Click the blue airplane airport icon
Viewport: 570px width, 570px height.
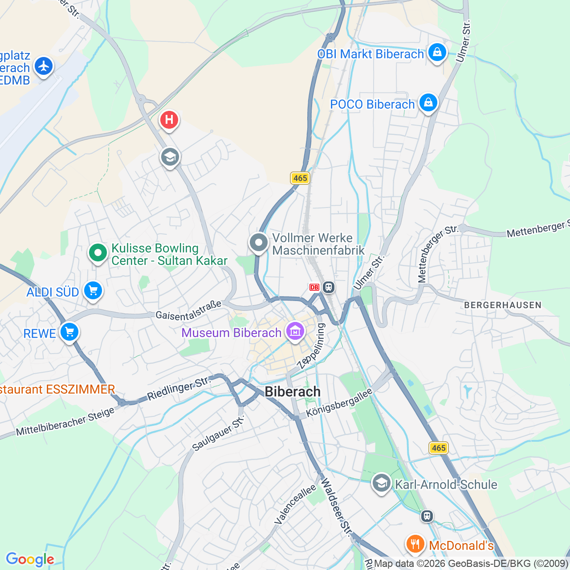pyautogui.click(x=43, y=66)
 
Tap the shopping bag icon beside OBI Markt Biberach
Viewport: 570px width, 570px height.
pyautogui.click(x=437, y=52)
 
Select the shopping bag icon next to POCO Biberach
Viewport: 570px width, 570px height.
pyautogui.click(x=428, y=102)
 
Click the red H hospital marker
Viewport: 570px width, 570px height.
pyautogui.click(x=169, y=120)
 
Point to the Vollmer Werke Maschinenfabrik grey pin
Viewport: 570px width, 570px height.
pyautogui.click(x=259, y=243)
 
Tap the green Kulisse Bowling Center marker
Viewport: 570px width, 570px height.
pyautogui.click(x=98, y=253)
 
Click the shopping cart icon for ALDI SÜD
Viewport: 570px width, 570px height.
pyautogui.click(x=93, y=291)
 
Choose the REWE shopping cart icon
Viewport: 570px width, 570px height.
pyautogui.click(x=69, y=332)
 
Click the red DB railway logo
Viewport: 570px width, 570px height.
pyautogui.click(x=314, y=287)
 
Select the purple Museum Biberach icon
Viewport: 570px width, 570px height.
pyautogui.click(x=295, y=331)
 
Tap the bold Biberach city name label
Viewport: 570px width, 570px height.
pyautogui.click(x=293, y=391)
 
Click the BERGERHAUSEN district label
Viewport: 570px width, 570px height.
pyautogui.click(x=503, y=305)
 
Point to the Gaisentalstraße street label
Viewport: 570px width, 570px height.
pyautogui.click(x=188, y=310)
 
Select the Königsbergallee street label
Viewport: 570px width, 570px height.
pyautogui.click(x=339, y=403)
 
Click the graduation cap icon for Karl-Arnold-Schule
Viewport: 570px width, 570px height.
pyautogui.click(x=381, y=483)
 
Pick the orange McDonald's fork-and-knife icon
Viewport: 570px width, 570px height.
pyautogui.click(x=415, y=544)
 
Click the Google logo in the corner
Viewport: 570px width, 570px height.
pyautogui.click(x=30, y=559)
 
